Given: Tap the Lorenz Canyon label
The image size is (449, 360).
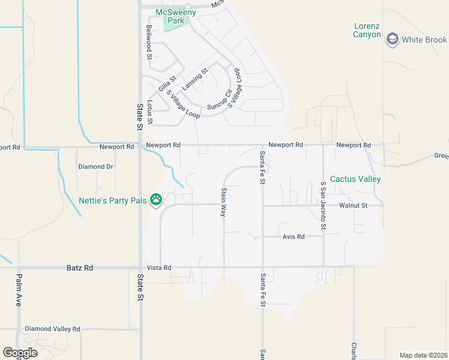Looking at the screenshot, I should (367, 30).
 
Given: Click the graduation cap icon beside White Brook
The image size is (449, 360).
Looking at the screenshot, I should (393, 40).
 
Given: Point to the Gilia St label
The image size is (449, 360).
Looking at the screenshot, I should (167, 83).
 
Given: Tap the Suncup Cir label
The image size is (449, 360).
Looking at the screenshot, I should (219, 100).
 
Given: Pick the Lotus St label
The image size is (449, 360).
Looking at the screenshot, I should (150, 112).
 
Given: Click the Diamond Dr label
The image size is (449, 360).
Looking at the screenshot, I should (96, 167).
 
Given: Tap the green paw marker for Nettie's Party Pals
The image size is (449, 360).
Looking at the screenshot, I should (156, 199).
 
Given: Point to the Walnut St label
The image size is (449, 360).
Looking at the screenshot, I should (353, 205).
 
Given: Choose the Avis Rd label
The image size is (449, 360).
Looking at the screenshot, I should (294, 237).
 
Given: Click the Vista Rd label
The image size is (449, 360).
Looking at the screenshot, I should (160, 268).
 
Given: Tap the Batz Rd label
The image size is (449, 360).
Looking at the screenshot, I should (80, 268).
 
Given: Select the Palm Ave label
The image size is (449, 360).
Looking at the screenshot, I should (19, 290).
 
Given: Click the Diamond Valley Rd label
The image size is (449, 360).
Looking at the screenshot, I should (52, 329).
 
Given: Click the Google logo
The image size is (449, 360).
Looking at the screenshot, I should (20, 353).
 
